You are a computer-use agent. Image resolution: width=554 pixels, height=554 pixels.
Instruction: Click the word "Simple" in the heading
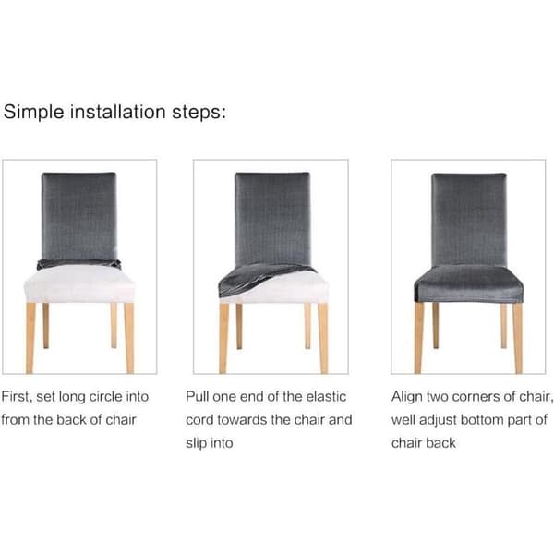point(34,113)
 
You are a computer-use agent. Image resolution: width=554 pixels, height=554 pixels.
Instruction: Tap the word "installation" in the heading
point(118,112)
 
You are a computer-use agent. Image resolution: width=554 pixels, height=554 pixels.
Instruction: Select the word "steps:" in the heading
point(199,113)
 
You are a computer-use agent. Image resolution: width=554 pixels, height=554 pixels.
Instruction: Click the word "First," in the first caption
point(17,397)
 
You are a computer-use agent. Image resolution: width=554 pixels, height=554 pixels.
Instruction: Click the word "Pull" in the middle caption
point(198,396)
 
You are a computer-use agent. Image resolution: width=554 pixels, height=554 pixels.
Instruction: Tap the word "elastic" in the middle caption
point(326,396)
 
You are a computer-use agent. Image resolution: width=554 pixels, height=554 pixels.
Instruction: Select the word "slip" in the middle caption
point(196,443)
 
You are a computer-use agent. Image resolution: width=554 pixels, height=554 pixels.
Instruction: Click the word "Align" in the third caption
point(406,397)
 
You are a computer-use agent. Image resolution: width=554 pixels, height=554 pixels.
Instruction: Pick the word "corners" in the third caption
point(476,397)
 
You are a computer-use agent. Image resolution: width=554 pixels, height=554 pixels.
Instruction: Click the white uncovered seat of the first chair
point(79,283)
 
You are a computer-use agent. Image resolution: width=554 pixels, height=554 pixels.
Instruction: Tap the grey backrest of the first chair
point(78,216)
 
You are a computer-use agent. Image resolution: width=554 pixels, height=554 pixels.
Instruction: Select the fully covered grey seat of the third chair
point(468,283)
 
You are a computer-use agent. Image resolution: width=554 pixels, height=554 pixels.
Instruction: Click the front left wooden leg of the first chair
point(30,338)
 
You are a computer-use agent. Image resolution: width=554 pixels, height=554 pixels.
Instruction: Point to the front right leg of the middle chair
point(323,338)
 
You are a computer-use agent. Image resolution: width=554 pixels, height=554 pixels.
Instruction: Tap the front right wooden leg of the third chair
point(518,338)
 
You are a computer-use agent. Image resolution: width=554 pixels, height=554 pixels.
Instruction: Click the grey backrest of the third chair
point(469,219)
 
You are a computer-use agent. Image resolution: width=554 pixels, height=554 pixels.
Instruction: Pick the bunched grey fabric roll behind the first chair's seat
point(78,263)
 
